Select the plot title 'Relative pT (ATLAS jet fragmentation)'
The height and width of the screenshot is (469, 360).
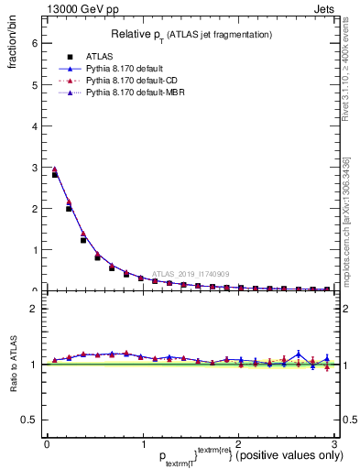(x=191, y=35)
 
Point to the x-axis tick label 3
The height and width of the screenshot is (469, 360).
(x=334, y=444)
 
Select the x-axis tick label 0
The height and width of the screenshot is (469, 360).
(x=46, y=444)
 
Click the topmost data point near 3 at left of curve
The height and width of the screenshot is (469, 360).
(x=54, y=169)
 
